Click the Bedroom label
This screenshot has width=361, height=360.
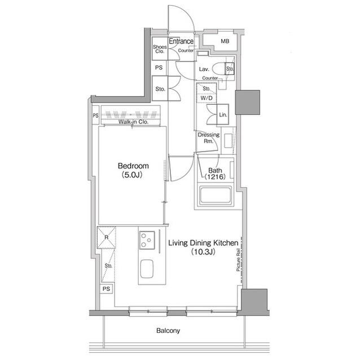pos(133,166)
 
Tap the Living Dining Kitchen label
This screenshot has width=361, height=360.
pos(203,243)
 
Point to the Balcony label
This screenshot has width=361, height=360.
pos(168,331)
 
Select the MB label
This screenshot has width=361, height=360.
pos(225,41)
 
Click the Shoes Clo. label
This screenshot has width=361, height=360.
pos(160,49)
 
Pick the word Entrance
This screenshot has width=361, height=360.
pos(181,41)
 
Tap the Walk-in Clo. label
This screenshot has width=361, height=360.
pos(133,122)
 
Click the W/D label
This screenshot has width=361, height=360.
pos(206,98)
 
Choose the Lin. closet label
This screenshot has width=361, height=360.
pos(223,114)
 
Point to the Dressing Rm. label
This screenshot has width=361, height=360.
pos(209,138)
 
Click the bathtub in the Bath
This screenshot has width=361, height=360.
pos(215,195)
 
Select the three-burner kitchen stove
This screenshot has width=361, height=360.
pos(147,240)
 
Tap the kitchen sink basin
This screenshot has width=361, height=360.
pos(147,269)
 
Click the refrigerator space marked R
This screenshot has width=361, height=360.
pos(107,238)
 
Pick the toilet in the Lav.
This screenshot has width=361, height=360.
pos(223,69)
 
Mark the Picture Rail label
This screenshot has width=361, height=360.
pos(238,260)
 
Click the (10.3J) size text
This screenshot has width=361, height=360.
pos(203,252)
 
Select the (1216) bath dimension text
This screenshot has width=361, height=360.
pos(215,176)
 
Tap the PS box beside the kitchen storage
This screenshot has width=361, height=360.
pos(107,288)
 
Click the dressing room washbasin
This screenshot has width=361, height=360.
pos(228,141)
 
